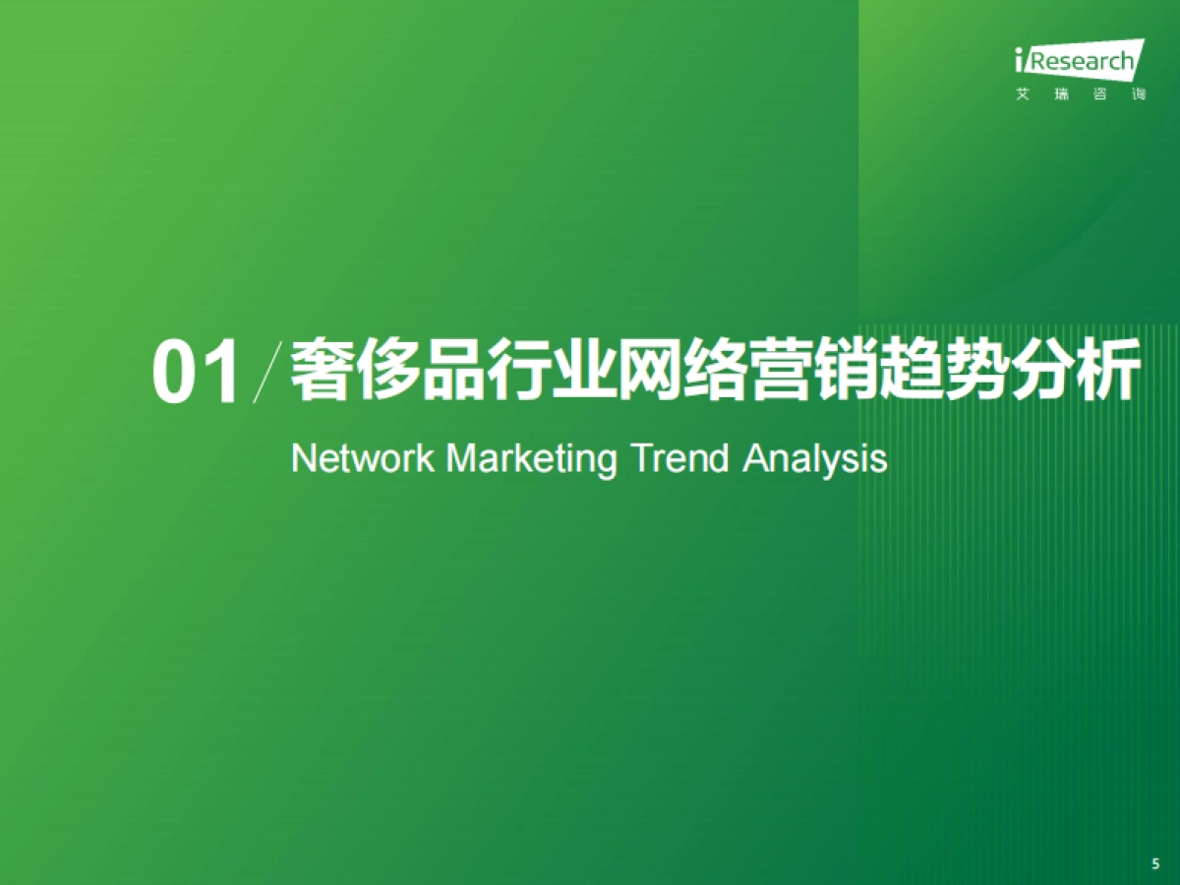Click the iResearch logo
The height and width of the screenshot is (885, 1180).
coord(1080,69)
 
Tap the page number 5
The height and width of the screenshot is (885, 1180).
coord(1155,863)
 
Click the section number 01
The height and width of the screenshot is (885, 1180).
coord(196,372)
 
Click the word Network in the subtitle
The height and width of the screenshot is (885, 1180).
coord(362,458)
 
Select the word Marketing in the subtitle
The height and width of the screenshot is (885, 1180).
coord(532,460)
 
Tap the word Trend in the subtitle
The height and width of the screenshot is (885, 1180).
coord(680,458)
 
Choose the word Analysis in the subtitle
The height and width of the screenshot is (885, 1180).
coord(815,460)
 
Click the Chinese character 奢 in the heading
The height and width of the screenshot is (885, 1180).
coord(322,370)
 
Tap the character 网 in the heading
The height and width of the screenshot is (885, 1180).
coord(649,370)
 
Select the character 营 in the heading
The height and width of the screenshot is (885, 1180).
coord(781,370)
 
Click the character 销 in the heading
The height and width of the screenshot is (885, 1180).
coord(847,370)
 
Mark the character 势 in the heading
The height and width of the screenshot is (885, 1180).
coord(977,370)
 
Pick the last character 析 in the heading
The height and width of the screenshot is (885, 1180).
coord(1108,370)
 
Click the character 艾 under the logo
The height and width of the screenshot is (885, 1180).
coord(1023,94)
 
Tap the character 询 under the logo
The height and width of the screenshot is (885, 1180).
coord(1139,94)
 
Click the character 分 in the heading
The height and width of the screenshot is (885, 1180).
coord(1043,370)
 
